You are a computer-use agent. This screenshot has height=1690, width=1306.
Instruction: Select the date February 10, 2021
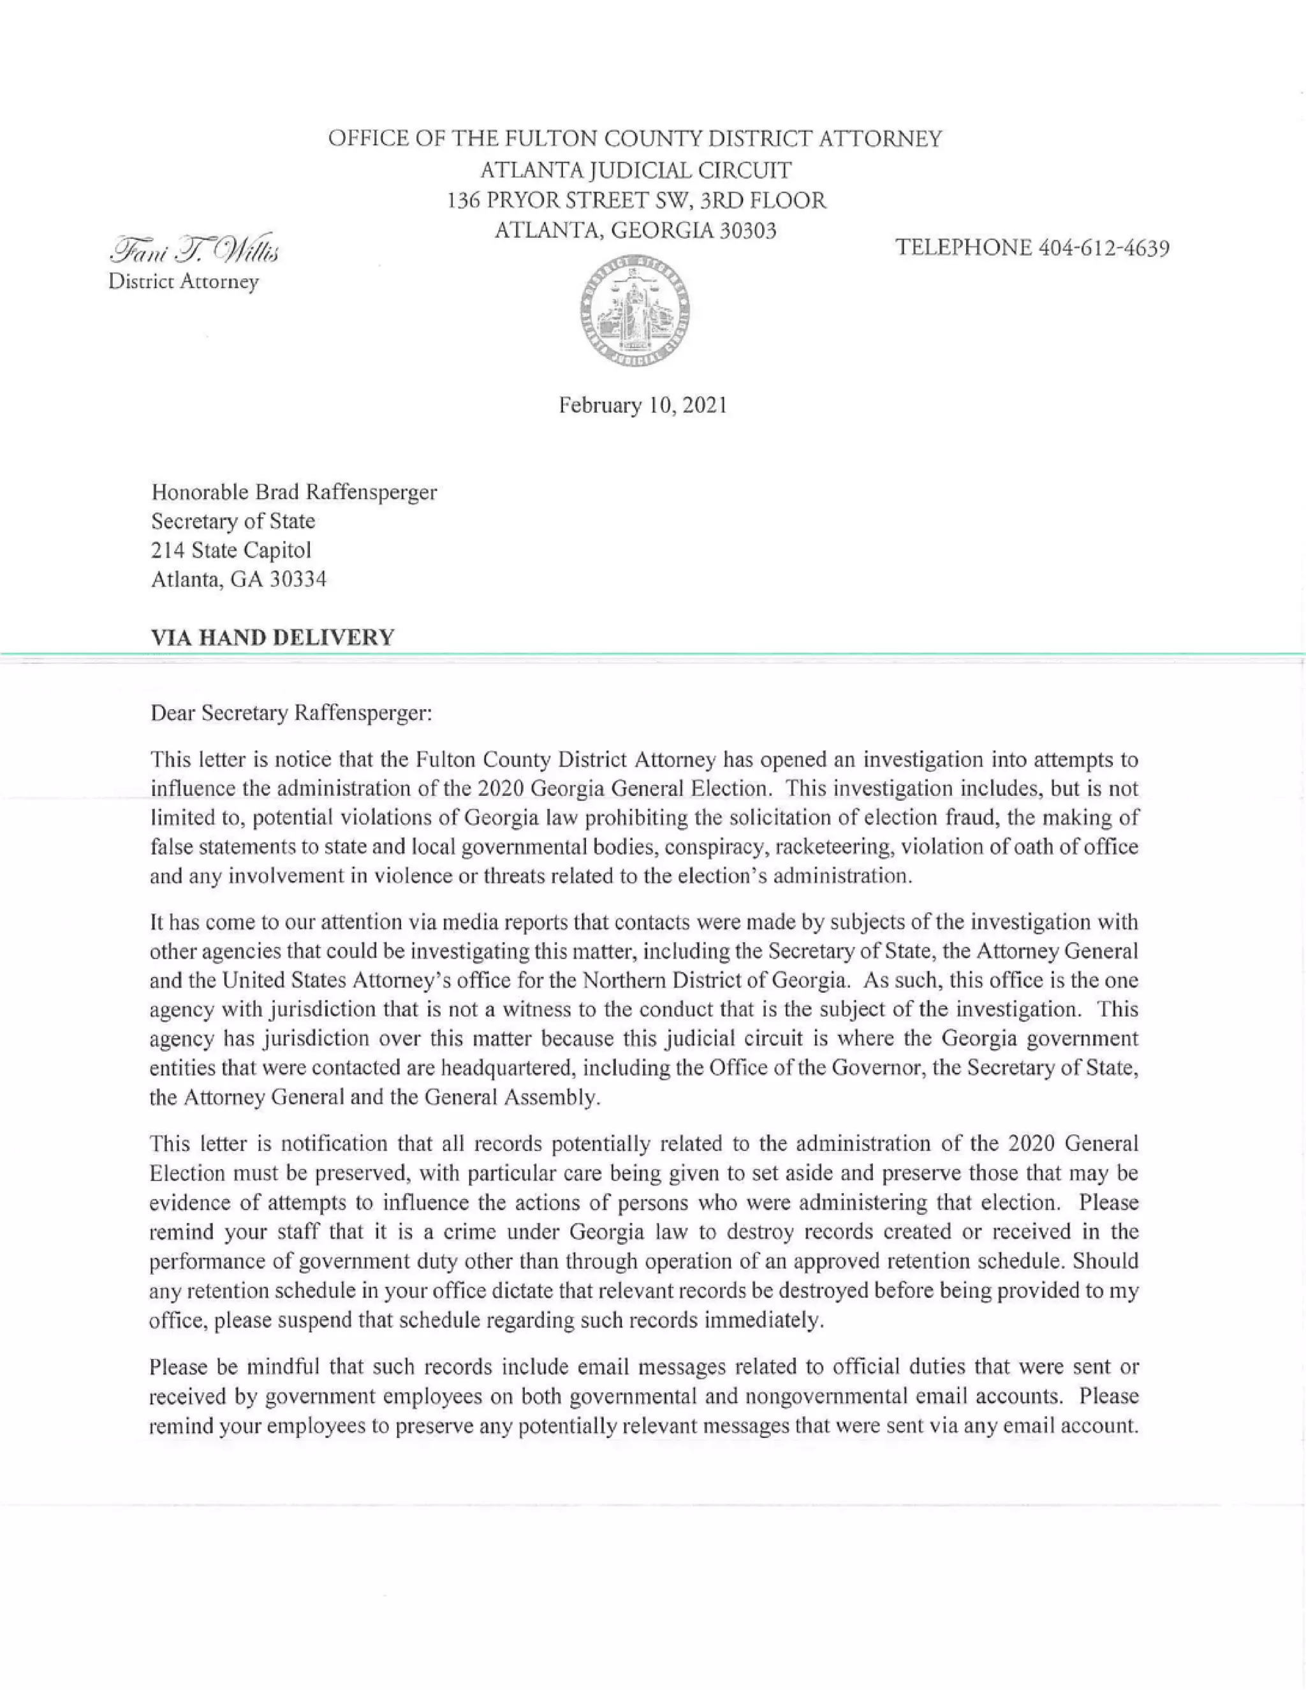(x=643, y=406)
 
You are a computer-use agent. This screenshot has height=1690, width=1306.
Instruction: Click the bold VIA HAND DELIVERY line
(x=272, y=638)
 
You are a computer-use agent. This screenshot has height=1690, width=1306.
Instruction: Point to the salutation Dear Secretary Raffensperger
(x=291, y=713)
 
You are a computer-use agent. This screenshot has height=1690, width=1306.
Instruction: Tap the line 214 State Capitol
(x=231, y=550)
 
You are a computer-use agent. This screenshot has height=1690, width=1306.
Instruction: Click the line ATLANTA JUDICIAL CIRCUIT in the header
(x=635, y=170)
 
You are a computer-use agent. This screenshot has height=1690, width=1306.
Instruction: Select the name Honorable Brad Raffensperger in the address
(x=294, y=492)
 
